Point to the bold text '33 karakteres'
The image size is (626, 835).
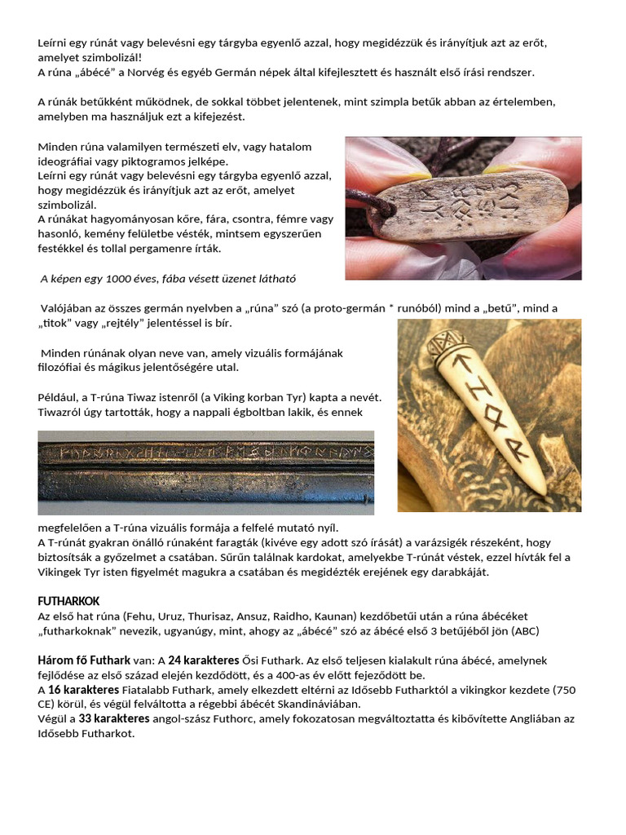[x=114, y=718]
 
